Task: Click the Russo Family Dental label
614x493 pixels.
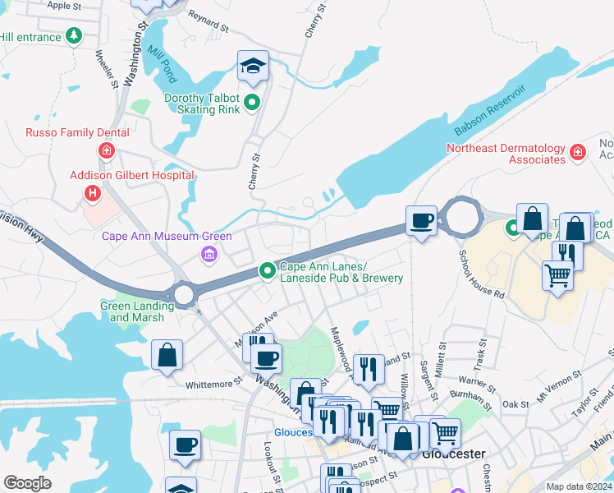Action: (x=77, y=132)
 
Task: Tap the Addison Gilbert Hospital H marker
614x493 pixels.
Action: (x=93, y=193)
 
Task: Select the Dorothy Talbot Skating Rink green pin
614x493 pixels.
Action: (x=253, y=103)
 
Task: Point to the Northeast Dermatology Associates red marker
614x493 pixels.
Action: (x=578, y=152)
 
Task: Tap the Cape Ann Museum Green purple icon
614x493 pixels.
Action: (x=209, y=255)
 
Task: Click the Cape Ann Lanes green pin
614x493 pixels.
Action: (x=267, y=270)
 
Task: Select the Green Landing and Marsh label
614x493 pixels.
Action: (x=137, y=311)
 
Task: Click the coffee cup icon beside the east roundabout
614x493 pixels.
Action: (x=422, y=221)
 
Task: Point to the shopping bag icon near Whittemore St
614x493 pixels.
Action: (x=167, y=355)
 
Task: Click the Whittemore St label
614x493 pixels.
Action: (x=214, y=382)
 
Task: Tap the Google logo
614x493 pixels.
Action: (x=28, y=483)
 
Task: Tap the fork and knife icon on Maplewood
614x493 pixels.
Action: (x=369, y=370)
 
